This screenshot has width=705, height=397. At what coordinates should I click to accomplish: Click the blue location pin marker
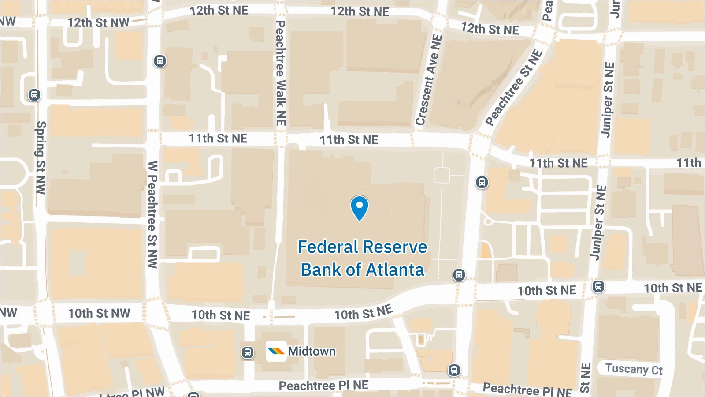pos(359,207)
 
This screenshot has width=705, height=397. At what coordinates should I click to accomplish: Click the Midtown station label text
pos(312,351)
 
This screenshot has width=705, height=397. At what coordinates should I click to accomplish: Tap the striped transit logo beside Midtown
pos(276,352)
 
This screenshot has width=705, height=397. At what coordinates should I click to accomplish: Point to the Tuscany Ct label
pos(634,369)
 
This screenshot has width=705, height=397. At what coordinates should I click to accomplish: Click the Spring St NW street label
pos(41,157)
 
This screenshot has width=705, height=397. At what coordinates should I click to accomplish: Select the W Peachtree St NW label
pos(152,214)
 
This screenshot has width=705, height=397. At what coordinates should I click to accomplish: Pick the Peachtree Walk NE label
pos(281,73)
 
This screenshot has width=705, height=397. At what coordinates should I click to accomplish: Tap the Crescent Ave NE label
pos(429,79)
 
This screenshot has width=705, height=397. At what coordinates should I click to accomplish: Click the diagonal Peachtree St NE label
pos(514,87)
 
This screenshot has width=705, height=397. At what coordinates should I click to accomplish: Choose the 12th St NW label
pos(98,22)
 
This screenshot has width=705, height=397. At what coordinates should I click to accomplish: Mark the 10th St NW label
pos(99,313)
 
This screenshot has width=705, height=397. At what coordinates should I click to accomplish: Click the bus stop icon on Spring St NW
pos(34,95)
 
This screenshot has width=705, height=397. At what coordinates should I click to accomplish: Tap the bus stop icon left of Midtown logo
pos(248,352)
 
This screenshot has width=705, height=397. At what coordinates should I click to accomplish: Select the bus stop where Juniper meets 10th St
pos(598,286)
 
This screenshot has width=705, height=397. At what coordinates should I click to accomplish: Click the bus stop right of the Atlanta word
pos(459,275)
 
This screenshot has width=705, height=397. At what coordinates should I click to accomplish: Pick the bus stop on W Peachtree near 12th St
pos(160,61)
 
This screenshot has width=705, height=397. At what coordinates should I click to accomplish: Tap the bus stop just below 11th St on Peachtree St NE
pos(482,182)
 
